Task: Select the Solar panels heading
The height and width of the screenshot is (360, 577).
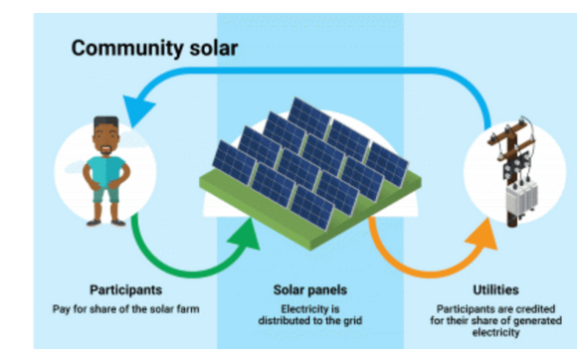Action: (309, 290)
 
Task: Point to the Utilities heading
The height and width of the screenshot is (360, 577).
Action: (495, 289)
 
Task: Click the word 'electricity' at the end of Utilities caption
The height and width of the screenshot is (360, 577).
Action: (493, 333)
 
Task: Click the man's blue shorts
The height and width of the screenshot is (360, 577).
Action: (106, 193)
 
